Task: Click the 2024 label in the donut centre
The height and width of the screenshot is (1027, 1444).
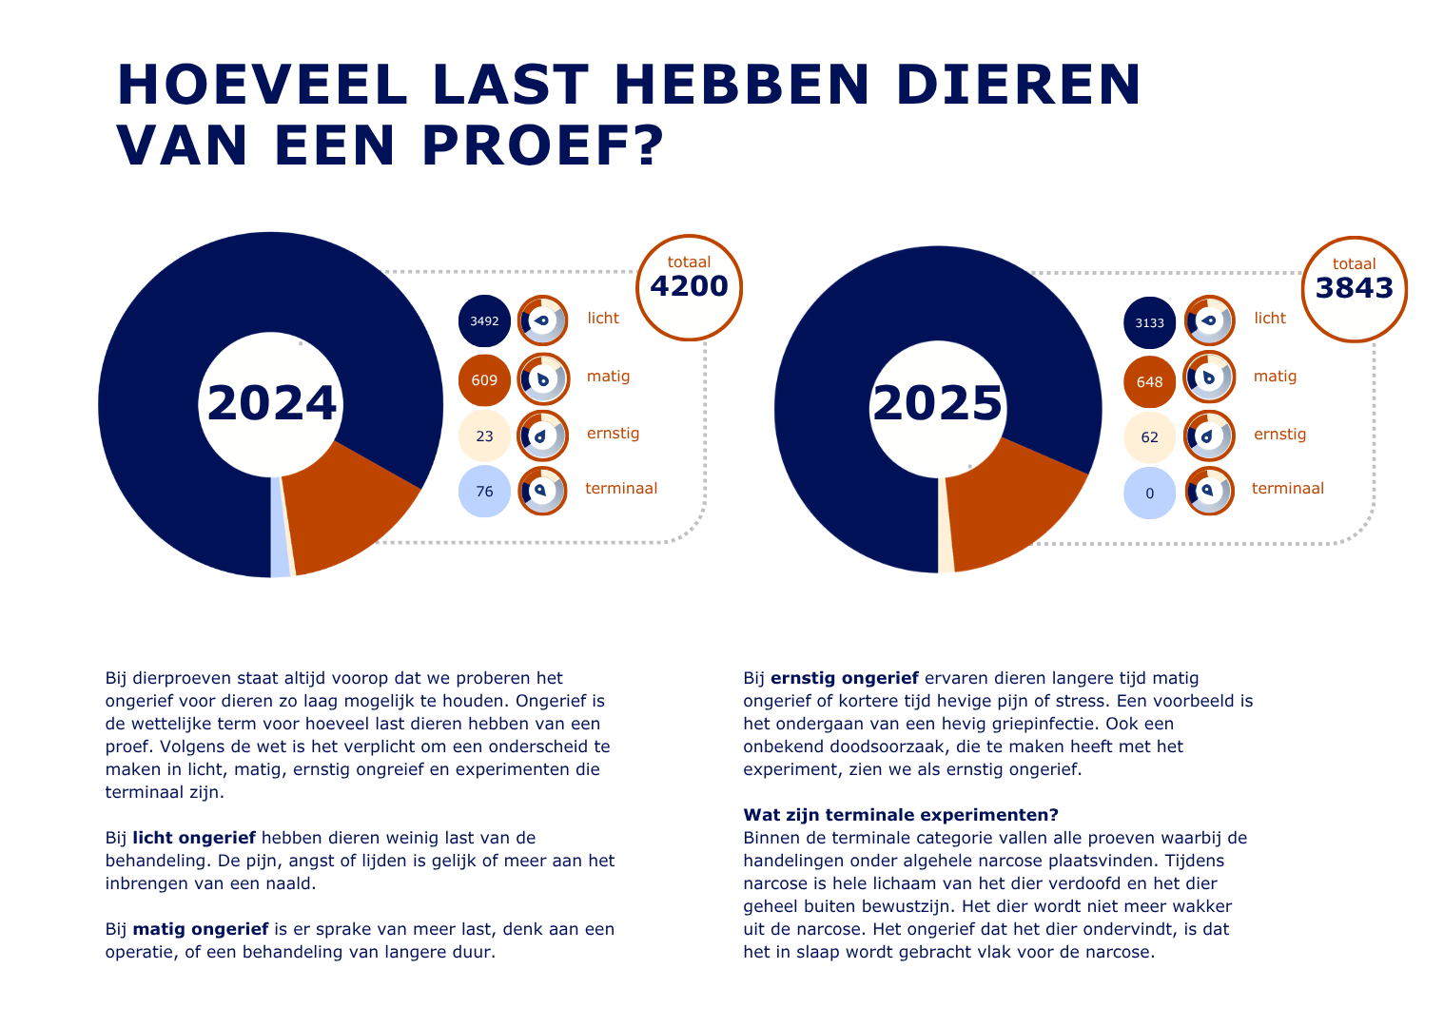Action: (272, 403)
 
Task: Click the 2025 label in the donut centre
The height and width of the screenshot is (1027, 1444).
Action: (938, 403)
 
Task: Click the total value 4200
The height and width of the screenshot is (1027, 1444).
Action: (689, 286)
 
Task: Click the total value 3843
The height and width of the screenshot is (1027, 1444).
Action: (1355, 288)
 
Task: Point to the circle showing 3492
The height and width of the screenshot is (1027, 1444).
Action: (484, 321)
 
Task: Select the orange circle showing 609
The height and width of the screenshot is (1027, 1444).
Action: (484, 380)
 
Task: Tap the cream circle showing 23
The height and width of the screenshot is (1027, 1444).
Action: (484, 436)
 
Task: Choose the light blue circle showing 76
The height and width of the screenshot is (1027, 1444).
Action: (484, 492)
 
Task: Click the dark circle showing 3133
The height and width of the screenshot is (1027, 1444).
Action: (1149, 323)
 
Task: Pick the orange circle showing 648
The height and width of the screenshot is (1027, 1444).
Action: (1149, 382)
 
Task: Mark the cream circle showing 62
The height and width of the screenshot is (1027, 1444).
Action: (1149, 437)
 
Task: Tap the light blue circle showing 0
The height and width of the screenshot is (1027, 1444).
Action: (1149, 494)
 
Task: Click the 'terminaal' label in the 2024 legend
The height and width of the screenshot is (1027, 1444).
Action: (621, 489)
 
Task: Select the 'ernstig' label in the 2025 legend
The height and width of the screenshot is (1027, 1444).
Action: (1279, 435)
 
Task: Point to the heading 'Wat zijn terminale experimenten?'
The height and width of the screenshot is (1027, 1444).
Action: (900, 815)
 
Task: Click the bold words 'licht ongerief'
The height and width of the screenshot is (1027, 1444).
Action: (194, 838)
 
